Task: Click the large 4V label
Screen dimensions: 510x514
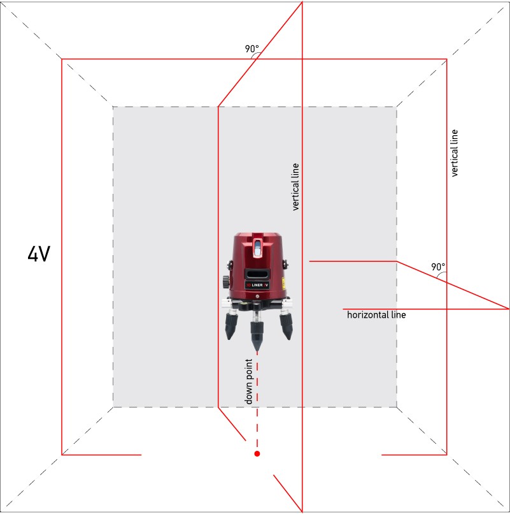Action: click(x=39, y=254)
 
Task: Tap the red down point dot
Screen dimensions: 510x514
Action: click(x=257, y=453)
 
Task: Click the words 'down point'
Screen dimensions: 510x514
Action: click(x=249, y=381)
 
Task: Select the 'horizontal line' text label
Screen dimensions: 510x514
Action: click(x=376, y=315)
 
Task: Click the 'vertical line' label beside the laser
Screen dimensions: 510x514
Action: click(x=295, y=187)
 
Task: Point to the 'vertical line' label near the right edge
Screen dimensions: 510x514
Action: click(x=454, y=154)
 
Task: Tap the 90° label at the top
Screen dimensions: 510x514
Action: click(x=251, y=49)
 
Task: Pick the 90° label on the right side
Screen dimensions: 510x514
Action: click(x=438, y=267)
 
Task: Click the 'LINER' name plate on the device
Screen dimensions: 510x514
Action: click(x=257, y=285)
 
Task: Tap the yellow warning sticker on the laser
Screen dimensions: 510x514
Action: click(x=283, y=283)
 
